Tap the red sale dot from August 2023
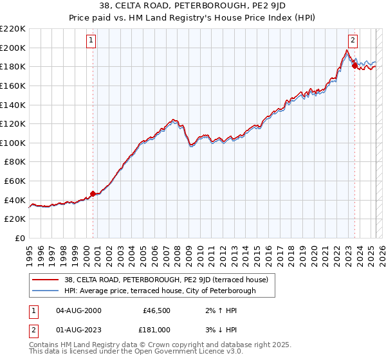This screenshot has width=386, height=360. coord(354,65)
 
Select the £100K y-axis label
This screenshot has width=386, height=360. coord(13,143)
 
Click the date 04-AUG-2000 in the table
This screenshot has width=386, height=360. coord(78,310)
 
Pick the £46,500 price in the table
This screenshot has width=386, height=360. coord(156,310)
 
